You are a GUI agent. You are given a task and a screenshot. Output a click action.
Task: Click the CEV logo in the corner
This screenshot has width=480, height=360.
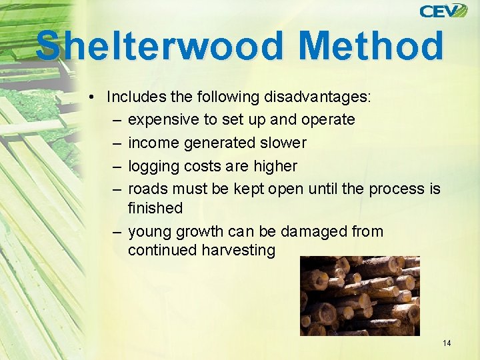tap(443, 11)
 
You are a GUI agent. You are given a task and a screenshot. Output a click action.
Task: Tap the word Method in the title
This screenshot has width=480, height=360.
tap(371, 46)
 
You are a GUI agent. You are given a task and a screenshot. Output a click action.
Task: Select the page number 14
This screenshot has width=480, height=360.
tap(446, 343)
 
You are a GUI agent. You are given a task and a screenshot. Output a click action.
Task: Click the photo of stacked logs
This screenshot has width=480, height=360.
tap(359, 295)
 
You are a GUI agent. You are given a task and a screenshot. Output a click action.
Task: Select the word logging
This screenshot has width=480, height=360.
tap(151, 166)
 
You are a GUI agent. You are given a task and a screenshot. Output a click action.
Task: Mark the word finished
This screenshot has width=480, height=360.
tap(155, 207)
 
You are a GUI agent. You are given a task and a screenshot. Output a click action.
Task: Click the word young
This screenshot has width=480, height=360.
tap(149, 232)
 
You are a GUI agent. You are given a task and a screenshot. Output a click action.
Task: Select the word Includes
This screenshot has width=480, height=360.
tap(136, 97)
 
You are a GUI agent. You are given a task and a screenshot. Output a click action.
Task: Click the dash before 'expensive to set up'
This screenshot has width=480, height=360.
tap(117, 120)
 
